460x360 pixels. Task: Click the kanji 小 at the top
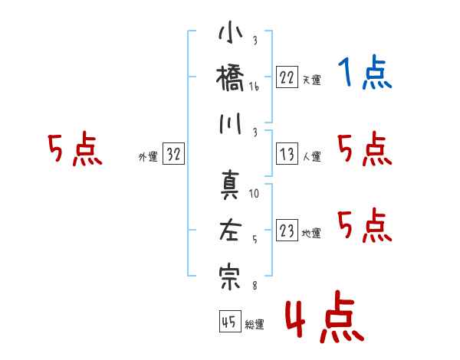(x=231, y=31)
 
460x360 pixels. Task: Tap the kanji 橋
(x=230, y=78)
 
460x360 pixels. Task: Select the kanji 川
(x=231, y=123)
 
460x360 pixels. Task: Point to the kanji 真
(x=231, y=186)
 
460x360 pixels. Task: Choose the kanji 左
(x=231, y=230)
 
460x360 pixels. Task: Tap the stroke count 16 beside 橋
(x=254, y=87)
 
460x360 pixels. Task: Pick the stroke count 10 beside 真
(x=254, y=193)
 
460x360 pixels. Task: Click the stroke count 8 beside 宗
(x=255, y=285)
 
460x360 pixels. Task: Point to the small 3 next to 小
(x=255, y=40)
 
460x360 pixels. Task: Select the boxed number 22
(x=287, y=77)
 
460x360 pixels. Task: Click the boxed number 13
(x=287, y=154)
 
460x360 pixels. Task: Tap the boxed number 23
(x=287, y=230)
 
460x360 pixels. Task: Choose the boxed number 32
(x=173, y=153)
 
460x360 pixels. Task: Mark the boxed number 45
(x=230, y=321)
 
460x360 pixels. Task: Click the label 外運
(x=148, y=157)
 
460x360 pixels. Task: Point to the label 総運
(x=255, y=325)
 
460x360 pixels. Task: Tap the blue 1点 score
(x=365, y=72)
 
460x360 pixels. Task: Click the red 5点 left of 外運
(x=75, y=149)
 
